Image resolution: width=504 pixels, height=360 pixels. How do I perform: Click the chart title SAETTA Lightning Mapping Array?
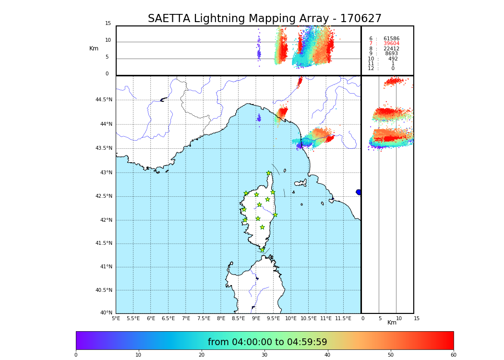264,19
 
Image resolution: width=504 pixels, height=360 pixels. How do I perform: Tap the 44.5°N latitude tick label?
104,100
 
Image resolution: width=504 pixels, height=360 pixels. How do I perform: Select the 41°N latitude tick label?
106,267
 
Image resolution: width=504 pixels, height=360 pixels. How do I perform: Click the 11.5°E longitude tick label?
343,318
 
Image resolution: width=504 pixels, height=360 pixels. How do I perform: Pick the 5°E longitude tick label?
116,318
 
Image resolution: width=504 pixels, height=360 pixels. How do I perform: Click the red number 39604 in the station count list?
391,44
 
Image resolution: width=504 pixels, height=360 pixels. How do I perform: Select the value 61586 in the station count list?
391,39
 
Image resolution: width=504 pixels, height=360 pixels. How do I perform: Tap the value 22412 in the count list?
391,49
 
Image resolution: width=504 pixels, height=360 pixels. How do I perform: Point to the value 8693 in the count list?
391,54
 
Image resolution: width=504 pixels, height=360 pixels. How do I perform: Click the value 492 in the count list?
393,59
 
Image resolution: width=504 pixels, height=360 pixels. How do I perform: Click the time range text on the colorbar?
267,342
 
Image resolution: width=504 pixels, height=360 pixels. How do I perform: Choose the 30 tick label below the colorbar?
264,355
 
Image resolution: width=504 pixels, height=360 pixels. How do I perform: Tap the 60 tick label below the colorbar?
453,355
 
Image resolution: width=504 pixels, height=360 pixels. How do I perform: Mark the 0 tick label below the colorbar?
76,355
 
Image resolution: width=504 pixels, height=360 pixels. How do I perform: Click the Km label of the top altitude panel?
94,48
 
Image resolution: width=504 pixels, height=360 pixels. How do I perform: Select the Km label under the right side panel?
392,323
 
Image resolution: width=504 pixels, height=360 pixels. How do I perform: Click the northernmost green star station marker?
269,173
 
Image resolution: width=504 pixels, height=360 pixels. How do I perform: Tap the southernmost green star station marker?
262,250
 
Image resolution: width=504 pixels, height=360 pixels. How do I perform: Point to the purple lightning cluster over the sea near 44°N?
259,118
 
